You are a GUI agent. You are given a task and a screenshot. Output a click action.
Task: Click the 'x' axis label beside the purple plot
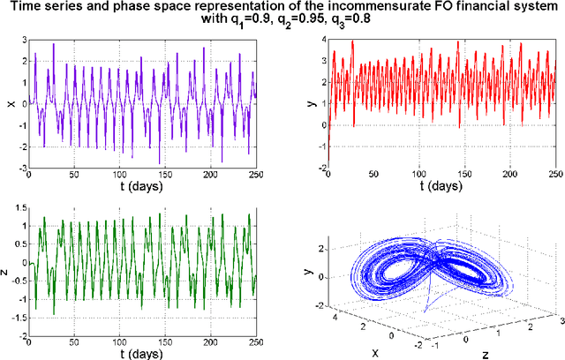tap(10, 104)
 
